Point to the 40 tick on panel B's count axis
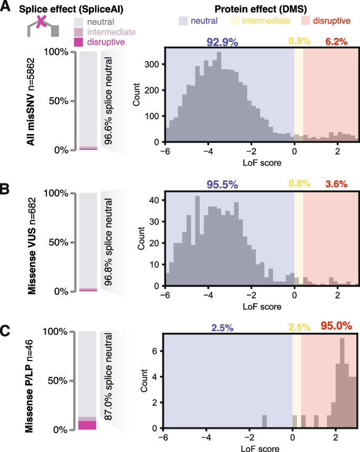click(x=155, y=200)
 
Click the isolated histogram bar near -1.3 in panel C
click(x=264, y=422)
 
